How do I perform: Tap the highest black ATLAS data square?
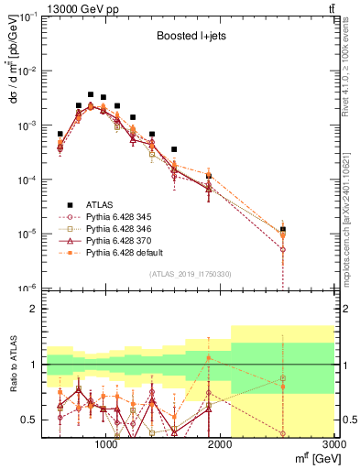click(91, 94)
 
